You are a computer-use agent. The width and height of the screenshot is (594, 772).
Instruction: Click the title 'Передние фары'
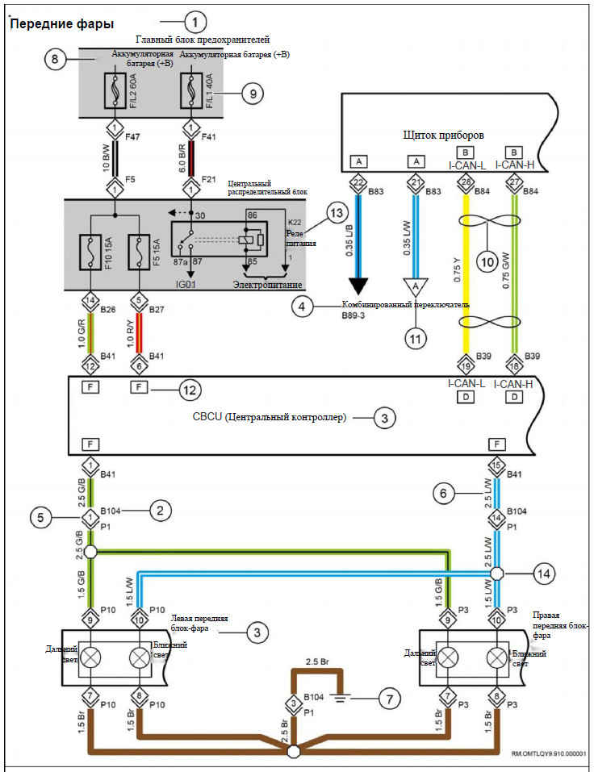pos(61,24)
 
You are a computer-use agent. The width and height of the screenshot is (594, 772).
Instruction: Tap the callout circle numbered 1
pos(196,20)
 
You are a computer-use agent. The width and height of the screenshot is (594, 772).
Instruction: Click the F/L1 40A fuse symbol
pos(191,91)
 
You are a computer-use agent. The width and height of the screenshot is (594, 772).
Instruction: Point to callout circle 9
pos(252,94)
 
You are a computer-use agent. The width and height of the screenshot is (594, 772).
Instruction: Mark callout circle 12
pos(190,391)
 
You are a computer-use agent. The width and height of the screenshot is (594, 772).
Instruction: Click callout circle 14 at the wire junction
pos(544,574)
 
